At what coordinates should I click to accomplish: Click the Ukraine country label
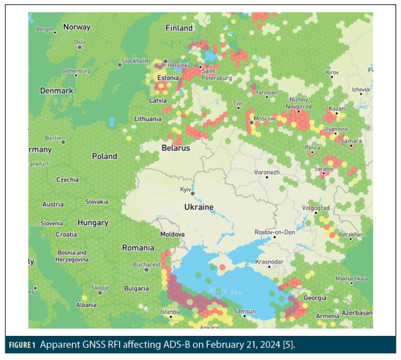point(198,207)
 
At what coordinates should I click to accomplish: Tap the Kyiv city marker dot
point(192,193)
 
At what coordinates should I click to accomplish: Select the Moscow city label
point(264,119)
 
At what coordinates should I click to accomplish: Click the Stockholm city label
point(136,61)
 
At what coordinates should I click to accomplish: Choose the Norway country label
point(77,27)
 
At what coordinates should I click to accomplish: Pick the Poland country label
point(104,156)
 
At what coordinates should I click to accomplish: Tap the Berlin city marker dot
point(63,142)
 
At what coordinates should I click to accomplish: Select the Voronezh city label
point(266,172)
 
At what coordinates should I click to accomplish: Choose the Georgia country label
point(314,298)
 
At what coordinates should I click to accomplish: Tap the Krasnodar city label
point(269,261)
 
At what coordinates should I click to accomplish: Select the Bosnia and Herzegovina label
point(71,256)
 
